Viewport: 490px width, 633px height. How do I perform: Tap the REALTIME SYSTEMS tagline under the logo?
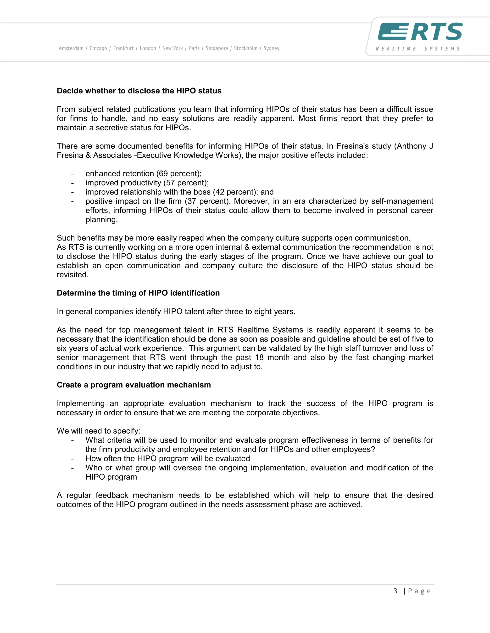(x=418, y=49)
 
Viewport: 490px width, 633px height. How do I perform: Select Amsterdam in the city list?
(x=71, y=48)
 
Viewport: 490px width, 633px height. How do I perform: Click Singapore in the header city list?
(x=217, y=48)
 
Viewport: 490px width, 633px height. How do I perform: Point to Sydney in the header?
(x=271, y=48)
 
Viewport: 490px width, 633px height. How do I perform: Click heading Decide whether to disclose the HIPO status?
(x=139, y=91)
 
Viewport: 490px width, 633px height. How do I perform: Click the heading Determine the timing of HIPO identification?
(x=138, y=293)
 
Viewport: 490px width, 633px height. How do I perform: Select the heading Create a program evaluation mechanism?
(x=134, y=385)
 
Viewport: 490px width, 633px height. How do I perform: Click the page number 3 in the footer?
(x=395, y=591)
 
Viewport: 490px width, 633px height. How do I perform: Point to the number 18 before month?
(x=259, y=357)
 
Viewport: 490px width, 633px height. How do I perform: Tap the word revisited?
(x=72, y=275)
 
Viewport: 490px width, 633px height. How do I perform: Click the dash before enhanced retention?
(x=72, y=174)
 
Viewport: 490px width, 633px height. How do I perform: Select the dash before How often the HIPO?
(x=72, y=459)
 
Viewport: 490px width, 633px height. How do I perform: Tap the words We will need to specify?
(x=98, y=431)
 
